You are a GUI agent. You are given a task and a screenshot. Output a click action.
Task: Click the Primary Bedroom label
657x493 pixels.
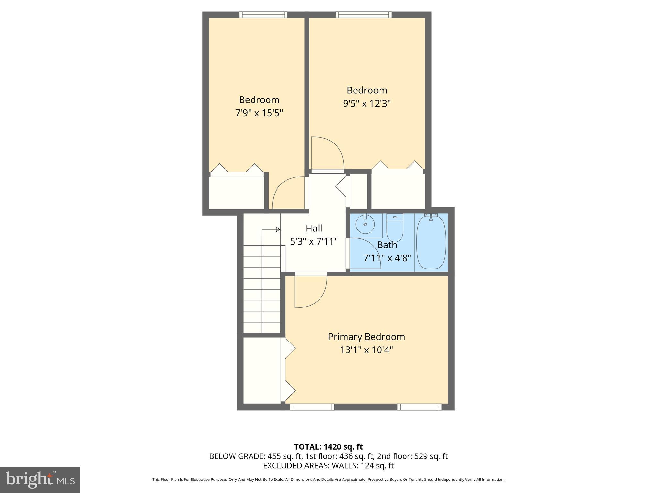(366, 337)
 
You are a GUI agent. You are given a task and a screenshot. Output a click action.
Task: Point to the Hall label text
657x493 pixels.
(314, 228)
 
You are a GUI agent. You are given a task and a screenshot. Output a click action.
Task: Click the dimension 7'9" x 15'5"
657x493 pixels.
(259, 113)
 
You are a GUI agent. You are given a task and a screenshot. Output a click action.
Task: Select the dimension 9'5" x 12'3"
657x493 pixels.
(367, 103)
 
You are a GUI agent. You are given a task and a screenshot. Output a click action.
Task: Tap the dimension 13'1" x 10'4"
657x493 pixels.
(366, 350)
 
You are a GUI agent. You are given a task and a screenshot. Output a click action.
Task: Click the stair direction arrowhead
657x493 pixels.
(278, 229)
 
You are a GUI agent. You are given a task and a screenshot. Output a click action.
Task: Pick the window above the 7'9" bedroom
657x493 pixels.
(263, 14)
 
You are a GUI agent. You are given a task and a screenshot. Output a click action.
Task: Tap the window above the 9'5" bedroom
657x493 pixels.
(363, 14)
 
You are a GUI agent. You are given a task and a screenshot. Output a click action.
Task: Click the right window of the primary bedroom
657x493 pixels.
(419, 407)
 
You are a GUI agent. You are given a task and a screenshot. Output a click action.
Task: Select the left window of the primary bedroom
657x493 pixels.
(312, 407)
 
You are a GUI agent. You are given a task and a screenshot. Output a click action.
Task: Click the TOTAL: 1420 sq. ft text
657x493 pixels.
(328, 447)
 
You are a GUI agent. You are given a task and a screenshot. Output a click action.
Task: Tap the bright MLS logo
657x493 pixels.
(40, 480)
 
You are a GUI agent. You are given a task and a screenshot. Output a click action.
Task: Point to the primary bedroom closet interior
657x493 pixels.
(262, 370)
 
